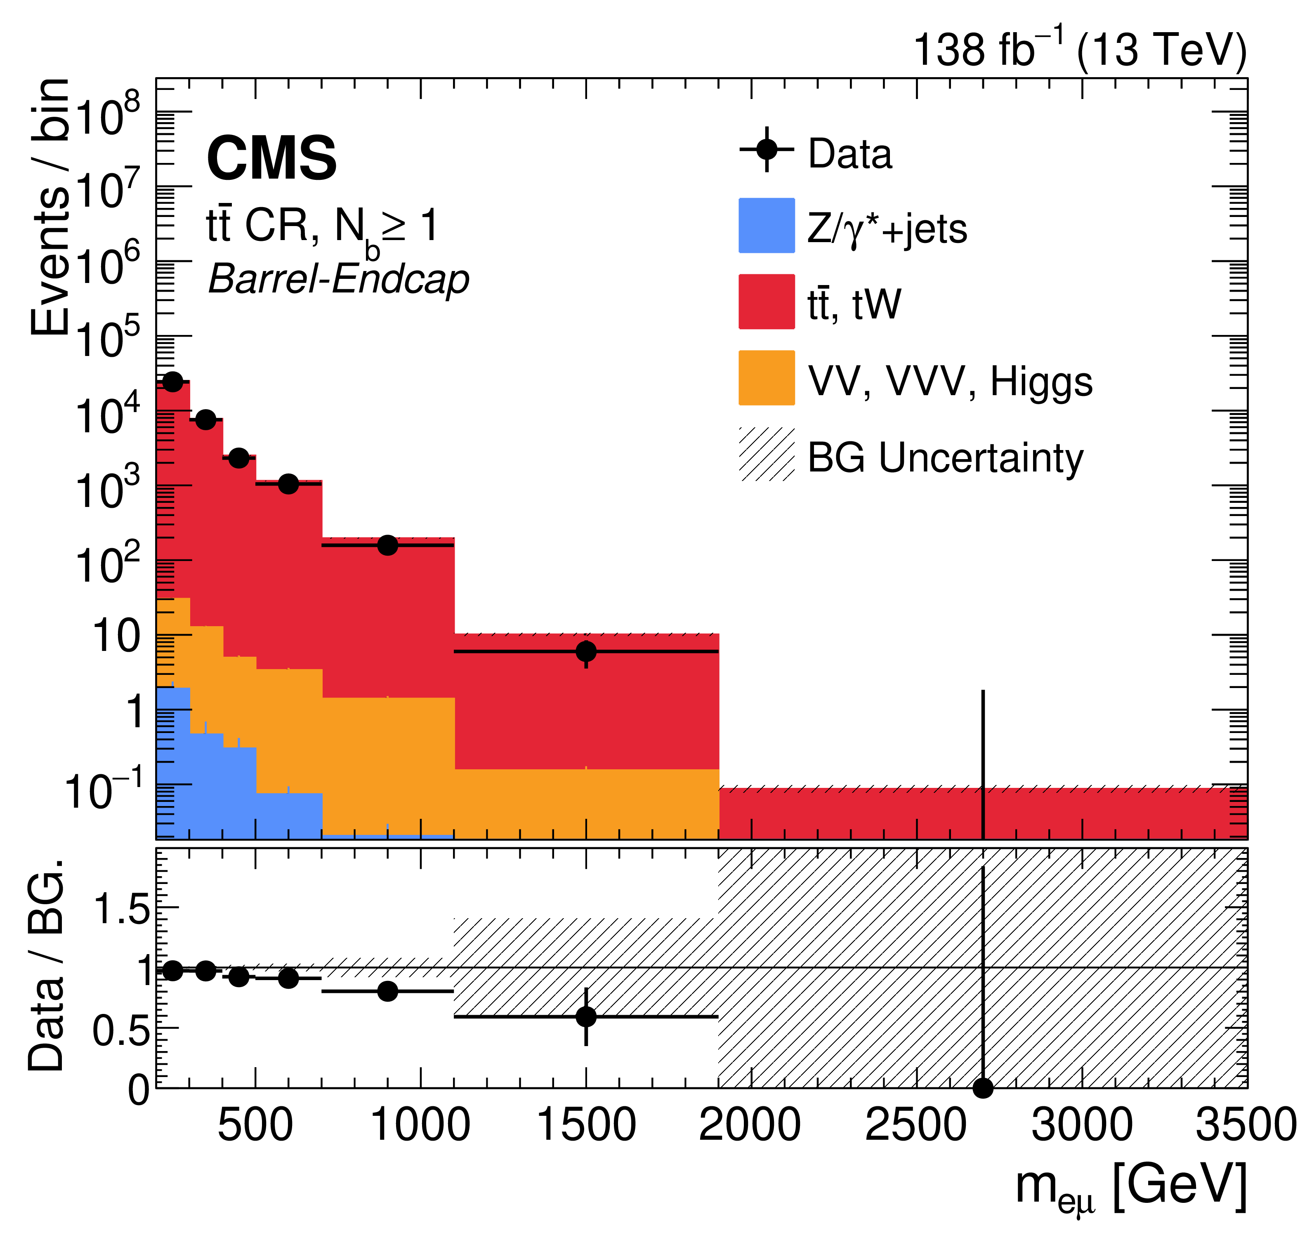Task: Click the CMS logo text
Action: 272,158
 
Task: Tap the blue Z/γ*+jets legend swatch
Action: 767,226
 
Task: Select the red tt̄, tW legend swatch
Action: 767,302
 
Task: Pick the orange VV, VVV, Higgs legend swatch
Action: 767,378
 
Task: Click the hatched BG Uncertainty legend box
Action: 767,454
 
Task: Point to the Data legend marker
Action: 767,149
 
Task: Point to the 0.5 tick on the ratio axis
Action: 121,1030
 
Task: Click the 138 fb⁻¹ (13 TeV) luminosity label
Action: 1080,50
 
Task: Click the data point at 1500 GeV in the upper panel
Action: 586,651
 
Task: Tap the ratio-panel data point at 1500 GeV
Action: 586,1016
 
